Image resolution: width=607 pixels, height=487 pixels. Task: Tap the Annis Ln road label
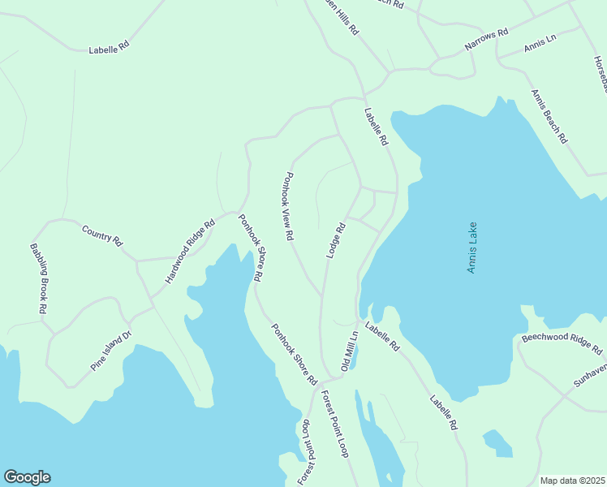[x=540, y=44]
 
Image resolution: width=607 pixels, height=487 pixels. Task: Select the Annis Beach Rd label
[x=549, y=116]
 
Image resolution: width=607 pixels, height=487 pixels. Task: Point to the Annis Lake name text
[x=472, y=248]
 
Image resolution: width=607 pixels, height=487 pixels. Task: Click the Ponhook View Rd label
[x=287, y=206]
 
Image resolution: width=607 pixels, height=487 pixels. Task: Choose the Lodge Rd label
[x=337, y=240]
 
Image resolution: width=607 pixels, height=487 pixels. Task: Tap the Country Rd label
[x=102, y=235]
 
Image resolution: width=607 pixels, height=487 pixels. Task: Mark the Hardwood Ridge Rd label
[x=190, y=251]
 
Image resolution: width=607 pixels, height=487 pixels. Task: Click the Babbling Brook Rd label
[x=37, y=278]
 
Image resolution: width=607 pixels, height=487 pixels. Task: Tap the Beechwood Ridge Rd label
[x=562, y=344]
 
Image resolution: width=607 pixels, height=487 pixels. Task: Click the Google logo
[x=27, y=477]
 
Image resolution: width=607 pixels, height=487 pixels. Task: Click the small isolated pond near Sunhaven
[x=497, y=443]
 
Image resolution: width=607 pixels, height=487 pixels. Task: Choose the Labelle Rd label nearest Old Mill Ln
[x=382, y=336]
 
